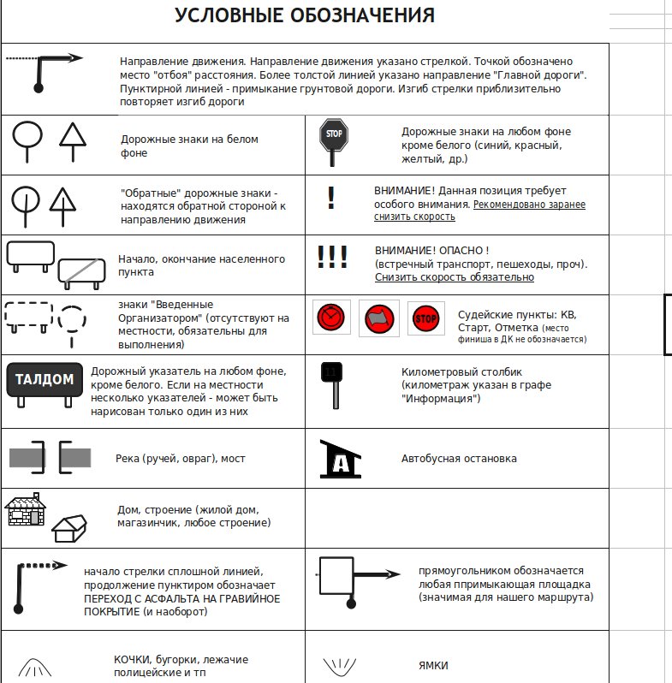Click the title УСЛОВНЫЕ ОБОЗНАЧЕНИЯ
(304, 15)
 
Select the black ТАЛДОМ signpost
(44, 379)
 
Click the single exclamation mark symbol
(331, 199)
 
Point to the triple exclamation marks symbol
(331, 258)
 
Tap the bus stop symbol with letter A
(340, 460)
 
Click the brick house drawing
(27, 511)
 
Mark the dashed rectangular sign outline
(29, 315)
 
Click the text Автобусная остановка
(459, 459)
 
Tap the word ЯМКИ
(433, 666)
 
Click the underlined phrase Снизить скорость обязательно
(455, 277)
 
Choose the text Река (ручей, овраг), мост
(180, 459)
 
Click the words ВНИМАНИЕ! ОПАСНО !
(431, 251)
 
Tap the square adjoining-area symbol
(336, 574)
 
